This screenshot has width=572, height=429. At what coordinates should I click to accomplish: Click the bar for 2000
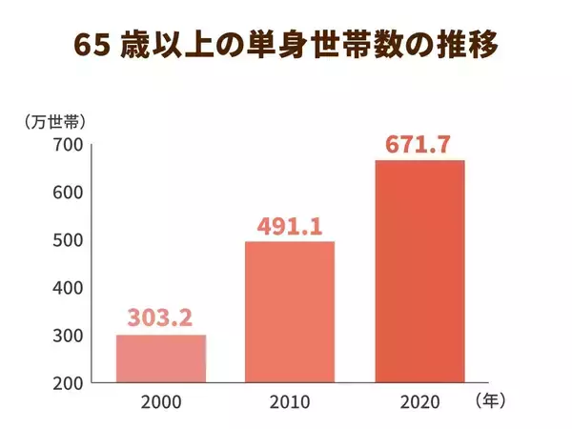tap(161, 358)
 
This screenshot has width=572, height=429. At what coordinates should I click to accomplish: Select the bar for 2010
tap(290, 312)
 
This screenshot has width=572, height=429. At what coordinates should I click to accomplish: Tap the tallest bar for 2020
tap(419, 271)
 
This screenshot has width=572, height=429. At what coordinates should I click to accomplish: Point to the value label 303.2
tap(161, 316)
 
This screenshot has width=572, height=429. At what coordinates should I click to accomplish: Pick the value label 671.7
tap(419, 146)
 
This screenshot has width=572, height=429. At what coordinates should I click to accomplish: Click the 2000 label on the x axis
tap(161, 402)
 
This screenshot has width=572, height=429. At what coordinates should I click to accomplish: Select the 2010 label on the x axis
tap(290, 402)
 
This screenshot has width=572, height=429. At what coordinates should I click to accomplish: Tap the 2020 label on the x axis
tap(419, 402)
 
